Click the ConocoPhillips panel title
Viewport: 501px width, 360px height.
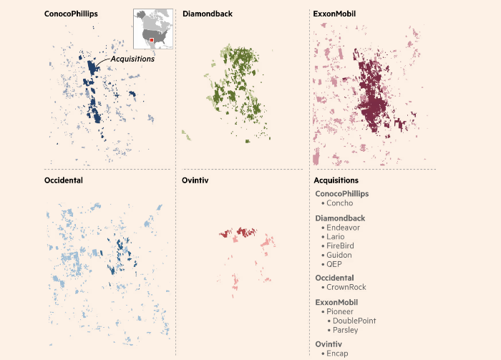coord(71,14)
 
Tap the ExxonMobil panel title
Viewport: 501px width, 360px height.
coord(335,14)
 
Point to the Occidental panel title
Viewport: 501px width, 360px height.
coord(63,180)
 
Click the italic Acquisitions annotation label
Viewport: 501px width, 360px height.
coord(132,59)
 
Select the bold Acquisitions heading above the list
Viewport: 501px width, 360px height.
coord(336,180)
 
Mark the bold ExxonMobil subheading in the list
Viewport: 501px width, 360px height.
coord(339,302)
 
